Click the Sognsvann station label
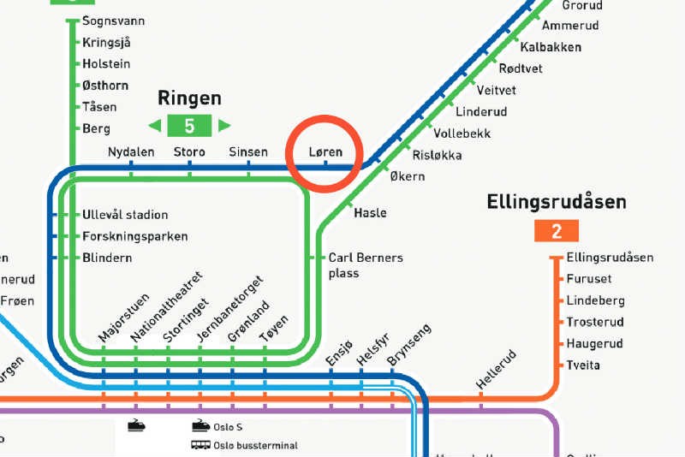(x=113, y=21)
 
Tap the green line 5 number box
(x=189, y=126)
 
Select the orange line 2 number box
(x=557, y=230)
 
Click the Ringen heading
(x=189, y=98)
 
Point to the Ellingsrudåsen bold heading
(x=557, y=203)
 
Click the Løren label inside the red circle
(x=325, y=152)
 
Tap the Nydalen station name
(x=131, y=152)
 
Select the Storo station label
(x=189, y=152)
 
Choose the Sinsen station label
(x=248, y=152)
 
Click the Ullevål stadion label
(x=125, y=215)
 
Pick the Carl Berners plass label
(x=366, y=265)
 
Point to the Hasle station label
(x=370, y=213)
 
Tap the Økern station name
(x=407, y=177)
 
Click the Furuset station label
(x=589, y=279)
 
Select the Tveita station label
(x=583, y=365)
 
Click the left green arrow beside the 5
(x=155, y=126)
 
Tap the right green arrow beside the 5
(x=223, y=126)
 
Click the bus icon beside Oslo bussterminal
(x=200, y=444)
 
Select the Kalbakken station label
(x=551, y=47)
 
